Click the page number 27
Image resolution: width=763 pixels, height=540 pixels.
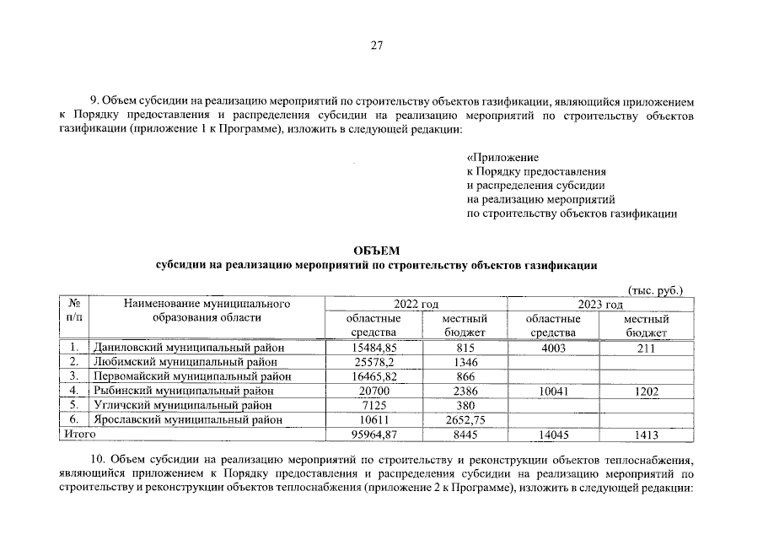(377, 46)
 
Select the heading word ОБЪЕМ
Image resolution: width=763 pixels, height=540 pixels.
(377, 251)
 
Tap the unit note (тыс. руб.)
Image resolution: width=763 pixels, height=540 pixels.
(654, 290)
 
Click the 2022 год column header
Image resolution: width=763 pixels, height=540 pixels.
(416, 305)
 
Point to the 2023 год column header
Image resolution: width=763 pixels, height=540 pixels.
(599, 305)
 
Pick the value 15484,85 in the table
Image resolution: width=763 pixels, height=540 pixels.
(373, 347)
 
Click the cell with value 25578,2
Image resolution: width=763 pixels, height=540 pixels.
(373, 361)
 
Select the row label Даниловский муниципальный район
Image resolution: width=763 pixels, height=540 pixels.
(189, 347)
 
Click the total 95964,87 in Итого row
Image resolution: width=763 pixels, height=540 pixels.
(373, 435)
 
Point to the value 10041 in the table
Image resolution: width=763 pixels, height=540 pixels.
(552, 391)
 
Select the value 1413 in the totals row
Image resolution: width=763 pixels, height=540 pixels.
(646, 435)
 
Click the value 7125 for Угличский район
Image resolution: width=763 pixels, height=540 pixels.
(373, 405)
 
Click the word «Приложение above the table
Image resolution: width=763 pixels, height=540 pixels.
(502, 157)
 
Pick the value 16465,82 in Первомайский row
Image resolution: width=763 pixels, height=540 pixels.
(373, 375)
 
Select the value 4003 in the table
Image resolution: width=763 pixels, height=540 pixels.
(552, 347)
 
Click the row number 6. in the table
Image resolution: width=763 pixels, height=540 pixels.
(74, 419)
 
